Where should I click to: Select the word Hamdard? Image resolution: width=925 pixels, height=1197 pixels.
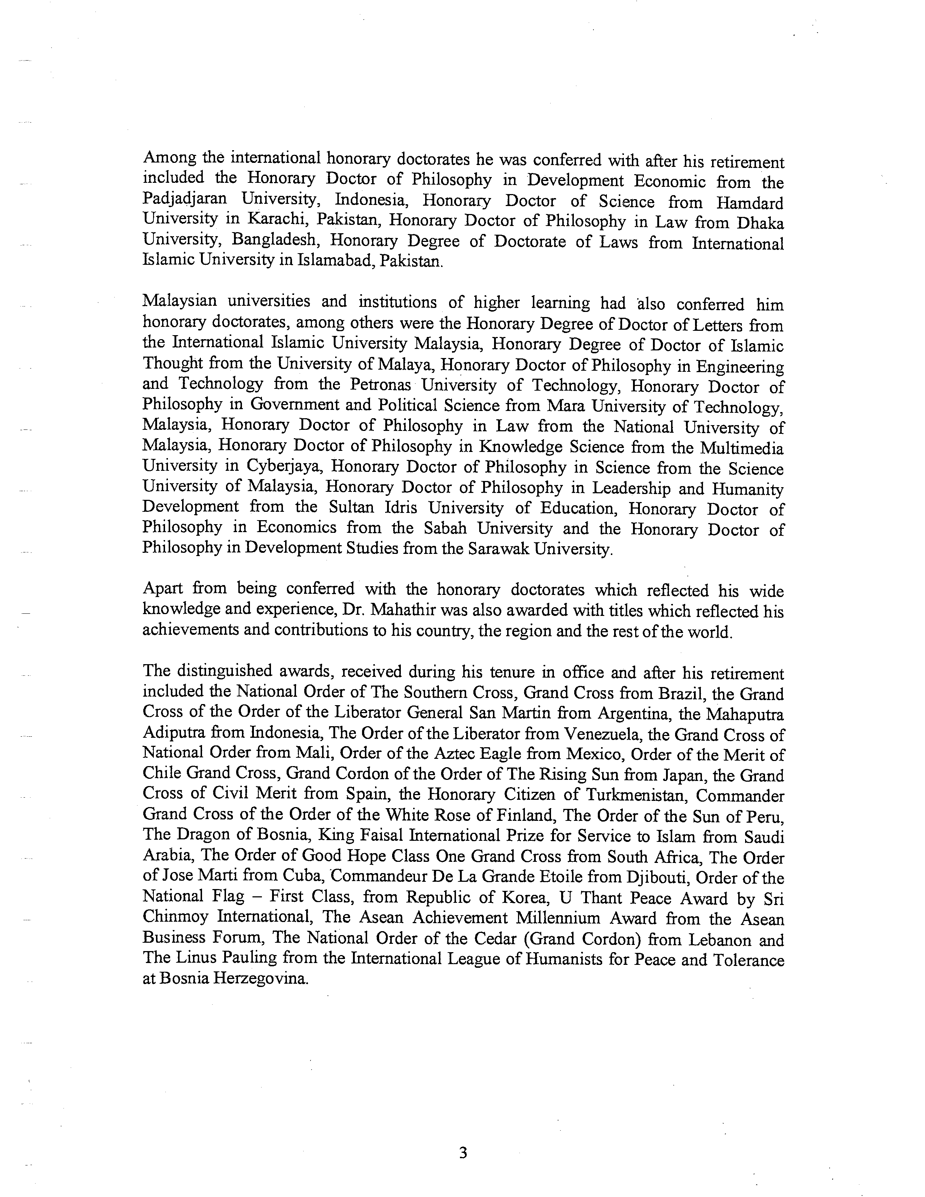point(750,203)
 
